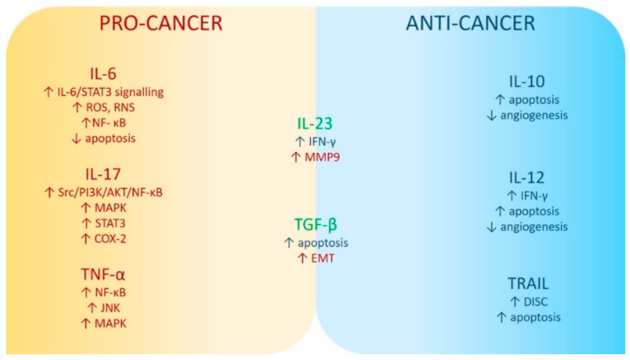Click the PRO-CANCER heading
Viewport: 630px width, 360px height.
click(x=160, y=24)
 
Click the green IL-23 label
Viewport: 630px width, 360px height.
click(x=315, y=124)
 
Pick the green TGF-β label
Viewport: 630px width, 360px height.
click(x=315, y=224)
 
